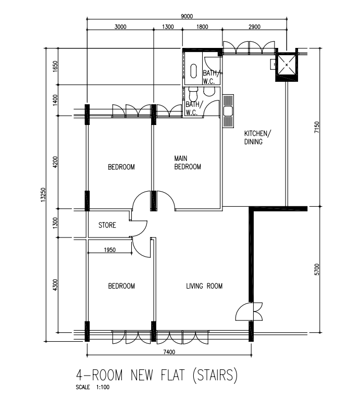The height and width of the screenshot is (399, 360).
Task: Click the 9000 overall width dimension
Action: [187, 16]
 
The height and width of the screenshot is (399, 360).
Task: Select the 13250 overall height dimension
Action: [43, 195]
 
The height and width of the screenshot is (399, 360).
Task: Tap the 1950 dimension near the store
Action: [110, 250]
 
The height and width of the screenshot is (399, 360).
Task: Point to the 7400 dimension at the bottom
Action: [169, 352]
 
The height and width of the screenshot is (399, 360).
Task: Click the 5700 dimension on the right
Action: [317, 269]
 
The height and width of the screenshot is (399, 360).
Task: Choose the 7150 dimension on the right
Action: [317, 127]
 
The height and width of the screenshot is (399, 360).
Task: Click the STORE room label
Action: [107, 225]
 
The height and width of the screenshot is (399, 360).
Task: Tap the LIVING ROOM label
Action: [204, 286]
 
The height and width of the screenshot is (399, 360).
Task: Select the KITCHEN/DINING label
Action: [258, 138]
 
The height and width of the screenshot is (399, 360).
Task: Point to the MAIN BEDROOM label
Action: [188, 163]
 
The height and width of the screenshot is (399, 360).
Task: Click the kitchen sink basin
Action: [228, 111]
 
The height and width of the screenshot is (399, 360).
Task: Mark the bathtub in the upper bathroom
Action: [193, 71]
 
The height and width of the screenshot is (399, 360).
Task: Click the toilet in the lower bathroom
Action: [193, 93]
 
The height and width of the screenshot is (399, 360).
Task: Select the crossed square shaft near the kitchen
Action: [287, 65]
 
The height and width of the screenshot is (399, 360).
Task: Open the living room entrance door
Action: [249, 311]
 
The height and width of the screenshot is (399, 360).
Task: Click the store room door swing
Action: [139, 228]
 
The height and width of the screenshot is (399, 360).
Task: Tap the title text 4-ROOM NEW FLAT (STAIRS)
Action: [157, 375]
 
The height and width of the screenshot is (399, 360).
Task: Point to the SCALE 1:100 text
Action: [92, 387]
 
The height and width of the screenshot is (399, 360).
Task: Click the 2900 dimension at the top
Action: [254, 27]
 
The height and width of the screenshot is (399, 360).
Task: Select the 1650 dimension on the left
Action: [55, 67]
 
